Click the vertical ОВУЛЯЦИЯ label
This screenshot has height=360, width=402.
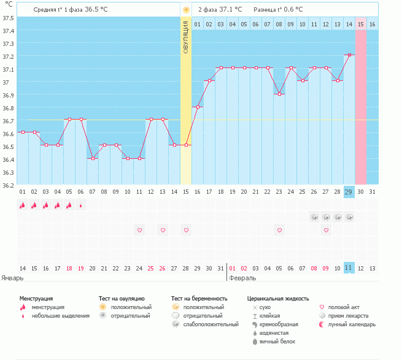pyautogui.click(x=186, y=36)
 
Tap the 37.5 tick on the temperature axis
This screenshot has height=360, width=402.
pyautogui.click(x=8, y=18)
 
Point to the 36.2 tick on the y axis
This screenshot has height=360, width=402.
pyautogui.click(x=8, y=185)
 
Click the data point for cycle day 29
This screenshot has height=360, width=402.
pyautogui.click(x=349, y=55)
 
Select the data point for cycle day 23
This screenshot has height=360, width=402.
pyautogui.click(x=279, y=94)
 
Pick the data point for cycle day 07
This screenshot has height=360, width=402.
pyautogui.click(x=92, y=158)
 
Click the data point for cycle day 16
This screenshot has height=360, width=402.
pyautogui.click(x=198, y=107)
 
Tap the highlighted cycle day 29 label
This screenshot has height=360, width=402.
pyautogui.click(x=349, y=192)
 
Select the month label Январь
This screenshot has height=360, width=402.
pyautogui.click(x=12, y=278)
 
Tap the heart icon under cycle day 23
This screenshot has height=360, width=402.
pyautogui.click(x=279, y=230)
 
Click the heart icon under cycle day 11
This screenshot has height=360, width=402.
pyautogui.click(x=139, y=230)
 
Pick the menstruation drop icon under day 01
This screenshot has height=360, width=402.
pyautogui.click(x=22, y=205)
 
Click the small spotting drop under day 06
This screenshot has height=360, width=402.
pyautogui.click(x=80, y=206)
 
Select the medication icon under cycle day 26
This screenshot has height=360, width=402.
pyautogui.click(x=314, y=217)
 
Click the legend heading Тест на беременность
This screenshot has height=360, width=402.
pyautogui.click(x=199, y=298)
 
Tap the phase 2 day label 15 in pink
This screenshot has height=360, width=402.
pyautogui.click(x=361, y=24)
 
